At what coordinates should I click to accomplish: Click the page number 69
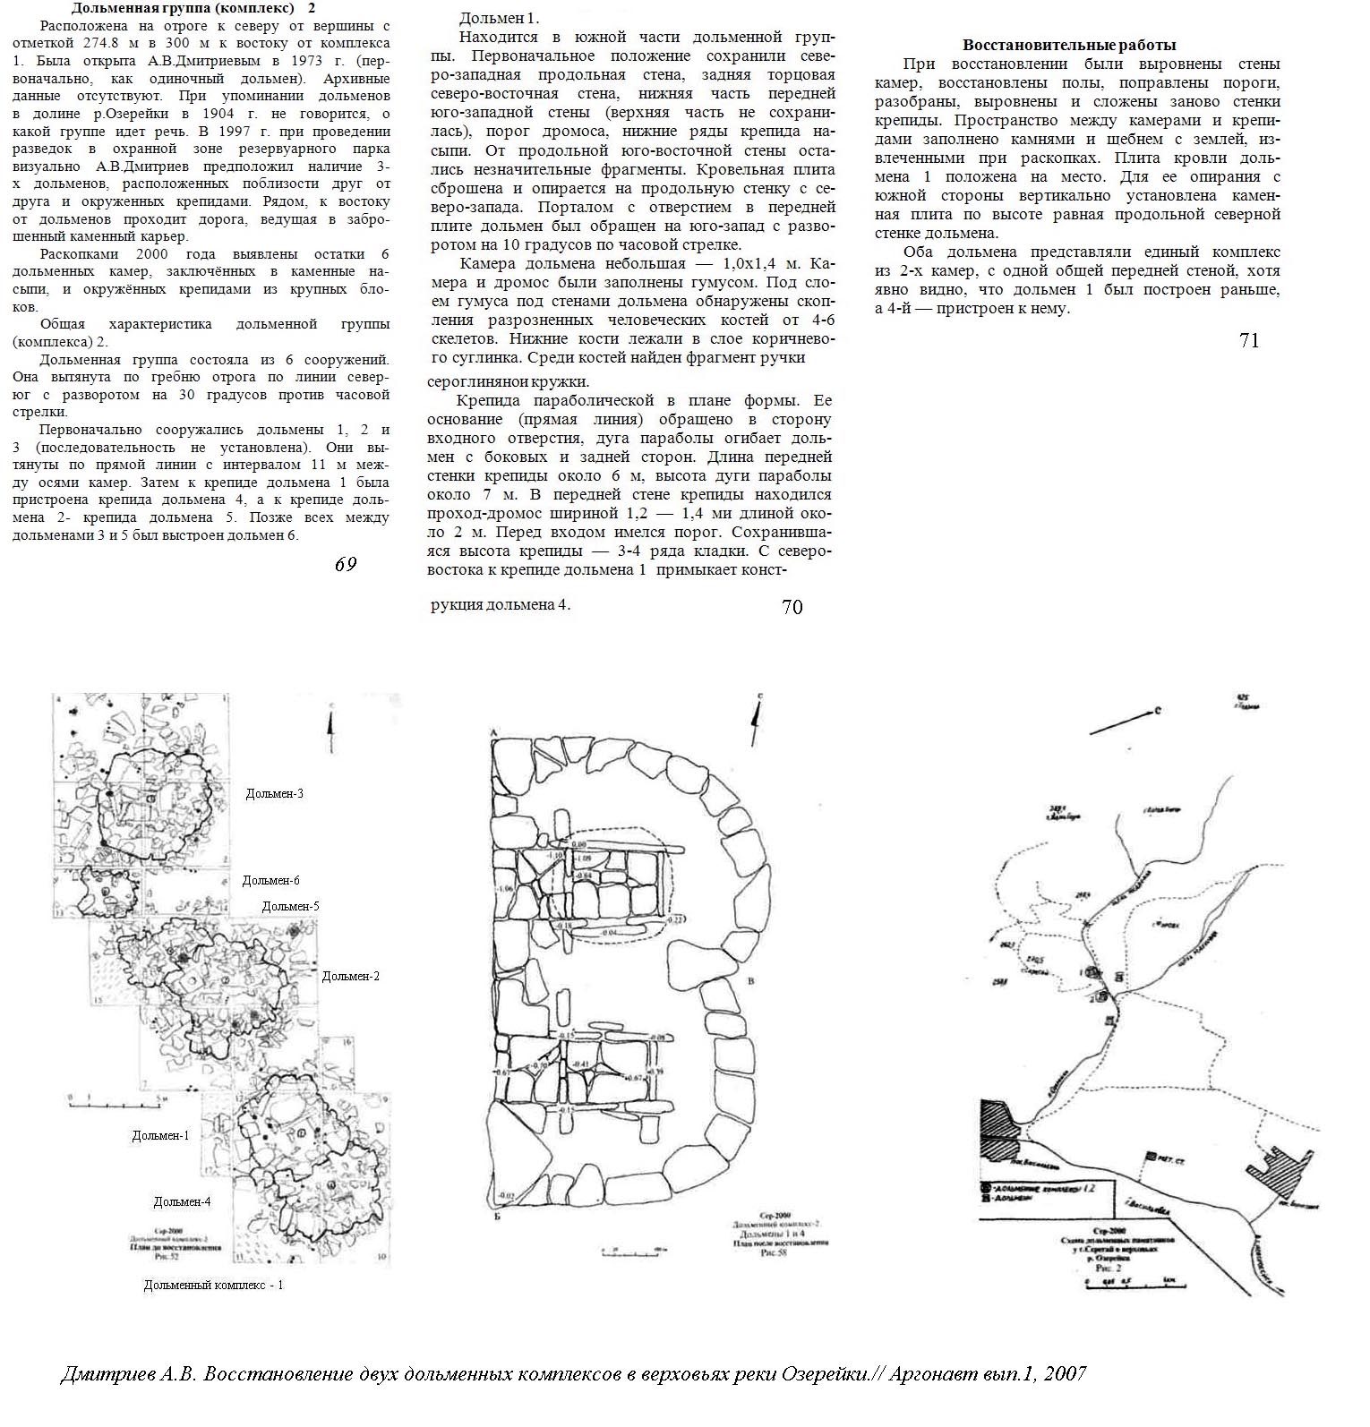pos(346,564)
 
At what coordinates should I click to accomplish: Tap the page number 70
pos(792,607)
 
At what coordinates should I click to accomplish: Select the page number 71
pos(1249,340)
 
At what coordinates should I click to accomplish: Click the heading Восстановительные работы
pos(1069,45)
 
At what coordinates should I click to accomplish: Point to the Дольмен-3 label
pos(274,793)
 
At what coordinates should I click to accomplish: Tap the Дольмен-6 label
pos(270,881)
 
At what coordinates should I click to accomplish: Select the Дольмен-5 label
pos(290,906)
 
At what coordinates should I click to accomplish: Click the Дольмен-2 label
pos(350,976)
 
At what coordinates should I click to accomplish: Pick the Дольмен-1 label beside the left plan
pos(160,1135)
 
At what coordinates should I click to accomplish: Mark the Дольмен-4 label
pos(182,1201)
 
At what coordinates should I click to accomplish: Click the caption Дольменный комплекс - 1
pos(213,1285)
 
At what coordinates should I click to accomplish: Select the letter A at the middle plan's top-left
pos(492,734)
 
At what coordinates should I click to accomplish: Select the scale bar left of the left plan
pos(116,1099)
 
